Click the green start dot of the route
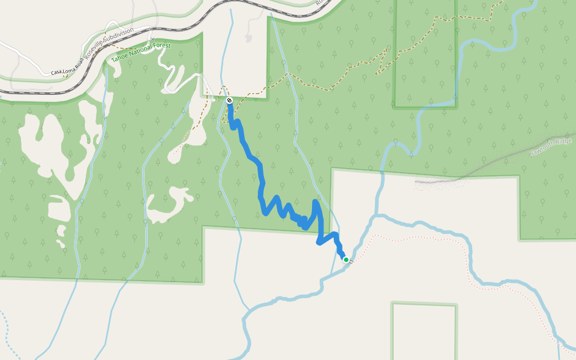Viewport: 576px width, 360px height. [x=346, y=260]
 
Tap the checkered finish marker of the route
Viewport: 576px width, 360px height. [x=229, y=100]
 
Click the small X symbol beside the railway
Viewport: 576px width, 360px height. [x=154, y=39]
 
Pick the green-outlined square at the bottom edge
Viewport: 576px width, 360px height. [x=424, y=330]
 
